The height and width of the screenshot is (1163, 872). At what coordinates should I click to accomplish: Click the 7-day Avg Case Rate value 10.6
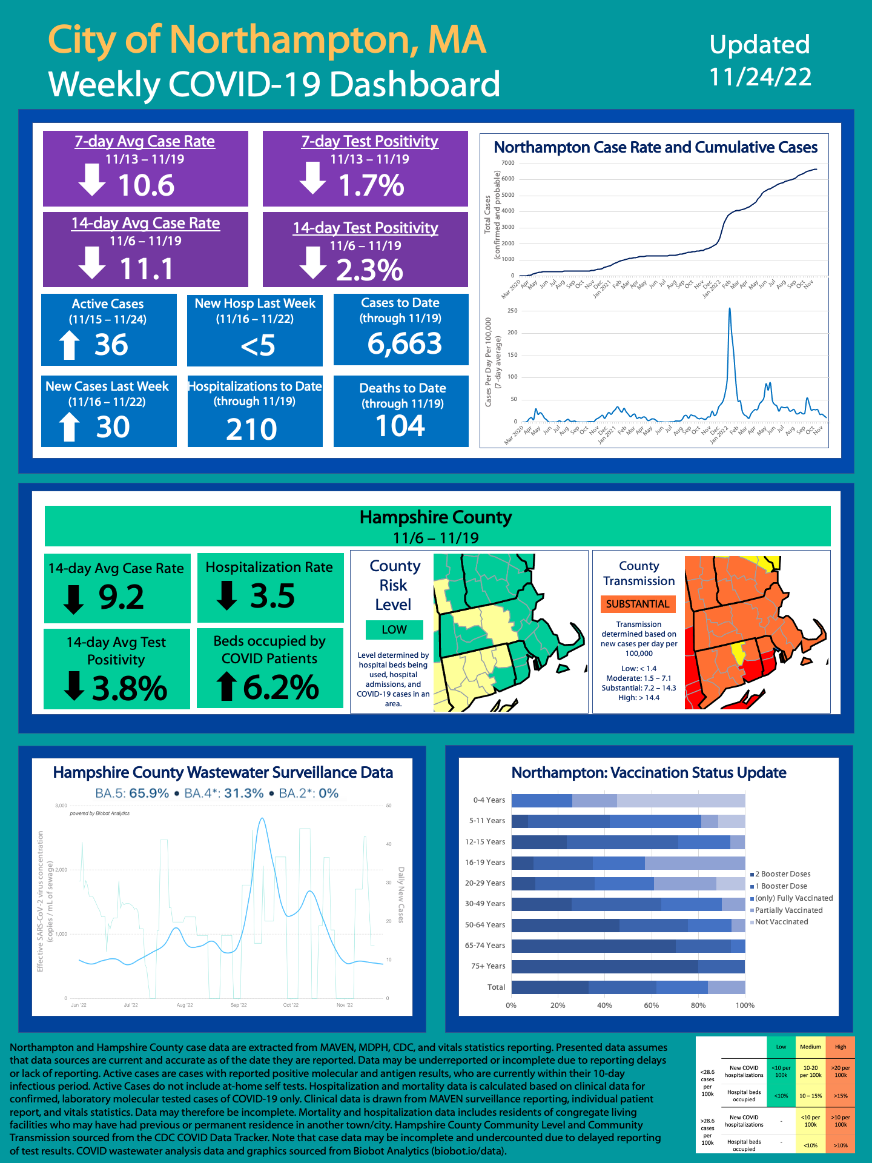pyautogui.click(x=146, y=185)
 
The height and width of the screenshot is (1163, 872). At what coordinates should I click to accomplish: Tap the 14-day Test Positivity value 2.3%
pyautogui.click(x=369, y=270)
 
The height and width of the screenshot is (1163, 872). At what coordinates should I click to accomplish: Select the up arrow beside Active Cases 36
pyautogui.click(x=69, y=345)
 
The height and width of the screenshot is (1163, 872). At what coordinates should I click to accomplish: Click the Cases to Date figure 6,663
pyautogui.click(x=405, y=344)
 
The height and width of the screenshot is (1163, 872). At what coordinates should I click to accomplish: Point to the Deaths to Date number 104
pyautogui.click(x=400, y=426)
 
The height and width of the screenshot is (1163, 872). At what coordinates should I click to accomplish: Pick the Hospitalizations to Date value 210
pyautogui.click(x=251, y=429)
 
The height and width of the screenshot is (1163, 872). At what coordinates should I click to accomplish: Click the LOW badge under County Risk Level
pyautogui.click(x=394, y=630)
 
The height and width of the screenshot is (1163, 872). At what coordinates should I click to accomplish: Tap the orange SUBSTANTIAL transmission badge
pyautogui.click(x=638, y=604)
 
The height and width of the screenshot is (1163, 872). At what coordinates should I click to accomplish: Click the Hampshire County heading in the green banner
pyautogui.click(x=435, y=517)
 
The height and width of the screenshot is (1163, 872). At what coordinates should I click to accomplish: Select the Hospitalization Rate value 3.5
pyautogui.click(x=272, y=596)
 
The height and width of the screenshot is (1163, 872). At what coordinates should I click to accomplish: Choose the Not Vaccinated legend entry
pyautogui.click(x=781, y=922)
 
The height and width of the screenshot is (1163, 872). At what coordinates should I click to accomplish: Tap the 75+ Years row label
pyautogui.click(x=487, y=966)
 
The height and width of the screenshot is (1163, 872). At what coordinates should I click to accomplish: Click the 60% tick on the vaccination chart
pyautogui.click(x=651, y=1006)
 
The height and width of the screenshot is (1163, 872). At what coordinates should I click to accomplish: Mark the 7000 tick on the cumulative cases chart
pyautogui.click(x=507, y=163)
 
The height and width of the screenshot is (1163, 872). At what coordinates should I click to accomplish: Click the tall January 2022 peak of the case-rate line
pyautogui.click(x=730, y=309)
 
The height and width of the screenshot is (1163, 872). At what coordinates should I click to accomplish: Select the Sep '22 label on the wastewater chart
pyautogui.click(x=239, y=1005)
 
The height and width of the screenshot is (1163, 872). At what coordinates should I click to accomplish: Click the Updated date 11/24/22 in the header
pyautogui.click(x=760, y=77)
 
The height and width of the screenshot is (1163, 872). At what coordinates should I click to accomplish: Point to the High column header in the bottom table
pyautogui.click(x=841, y=1047)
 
